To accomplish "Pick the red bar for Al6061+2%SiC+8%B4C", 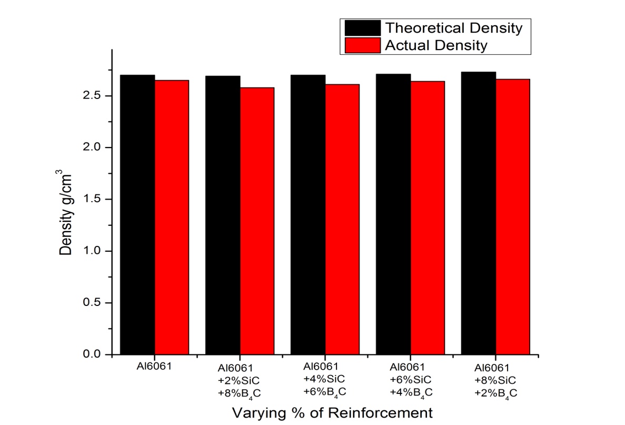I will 257,221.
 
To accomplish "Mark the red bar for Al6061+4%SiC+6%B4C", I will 342,219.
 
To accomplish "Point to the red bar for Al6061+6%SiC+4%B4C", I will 428,218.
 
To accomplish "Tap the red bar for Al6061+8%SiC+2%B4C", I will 513,216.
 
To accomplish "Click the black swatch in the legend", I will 362,27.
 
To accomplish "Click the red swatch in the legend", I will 362,45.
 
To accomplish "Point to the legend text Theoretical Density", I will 454,27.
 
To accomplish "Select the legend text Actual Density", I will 436,45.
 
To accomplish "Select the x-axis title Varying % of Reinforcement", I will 326,412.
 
